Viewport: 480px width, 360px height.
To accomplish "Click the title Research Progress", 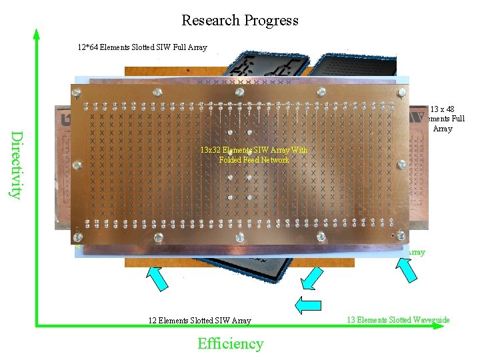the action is [240, 21].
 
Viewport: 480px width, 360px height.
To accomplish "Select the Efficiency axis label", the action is [230, 344].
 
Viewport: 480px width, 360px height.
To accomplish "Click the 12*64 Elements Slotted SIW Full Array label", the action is [142, 47].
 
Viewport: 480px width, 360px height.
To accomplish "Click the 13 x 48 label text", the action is [442, 109].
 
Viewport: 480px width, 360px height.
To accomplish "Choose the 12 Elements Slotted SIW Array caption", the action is [199, 321].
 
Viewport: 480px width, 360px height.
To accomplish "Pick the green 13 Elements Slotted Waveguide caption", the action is [398, 320].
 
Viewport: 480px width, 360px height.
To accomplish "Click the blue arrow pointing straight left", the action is [307, 305].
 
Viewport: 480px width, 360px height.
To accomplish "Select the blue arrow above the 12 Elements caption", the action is [156, 277].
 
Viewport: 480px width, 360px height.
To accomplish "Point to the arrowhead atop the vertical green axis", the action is [37, 33].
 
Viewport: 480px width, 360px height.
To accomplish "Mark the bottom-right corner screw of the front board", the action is [401, 235].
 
